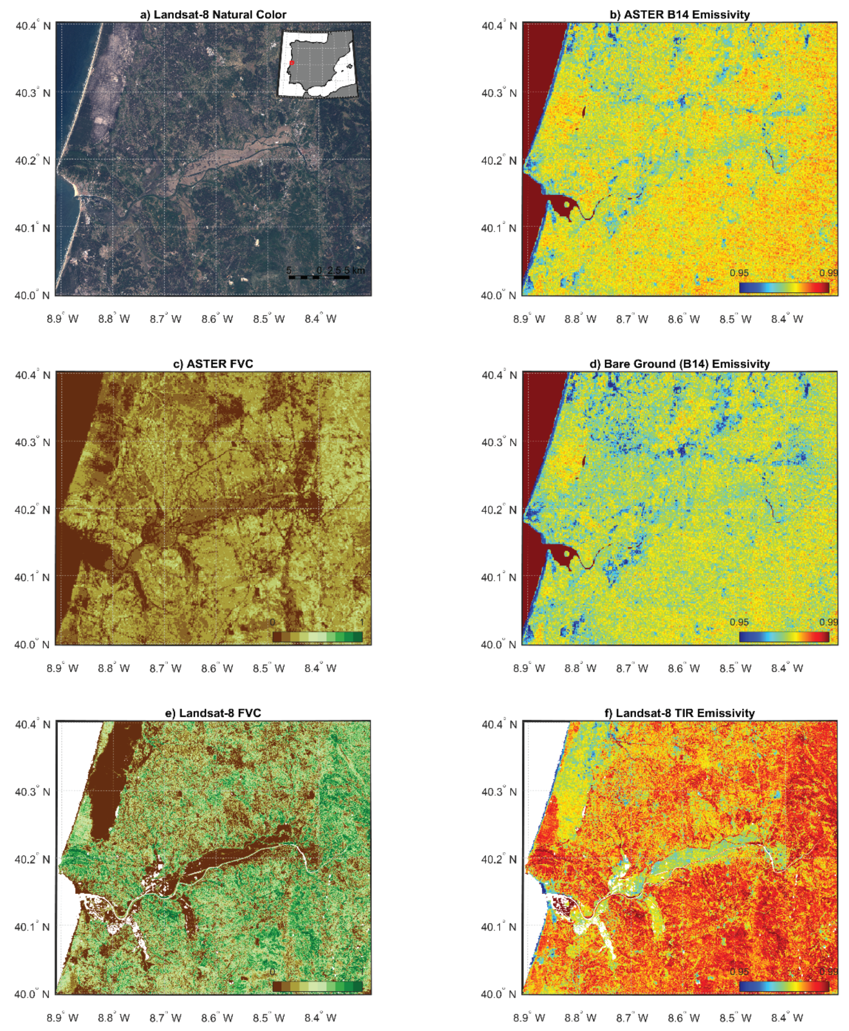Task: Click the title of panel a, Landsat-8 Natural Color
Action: coord(213,15)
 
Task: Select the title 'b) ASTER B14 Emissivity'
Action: coord(680,15)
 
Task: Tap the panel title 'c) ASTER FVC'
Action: coord(213,364)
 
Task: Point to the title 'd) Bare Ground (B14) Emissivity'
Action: coord(680,364)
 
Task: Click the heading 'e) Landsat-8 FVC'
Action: coord(213,713)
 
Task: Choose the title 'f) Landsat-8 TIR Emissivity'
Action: coord(680,713)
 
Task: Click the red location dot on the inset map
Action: coord(292,63)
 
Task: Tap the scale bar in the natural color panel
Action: coord(319,277)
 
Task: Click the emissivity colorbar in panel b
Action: coord(784,287)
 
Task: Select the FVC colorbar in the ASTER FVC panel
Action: coord(318,637)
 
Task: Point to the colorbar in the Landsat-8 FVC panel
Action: coord(318,986)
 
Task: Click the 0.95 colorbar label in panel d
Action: coord(739,622)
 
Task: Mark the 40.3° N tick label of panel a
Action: coord(33,92)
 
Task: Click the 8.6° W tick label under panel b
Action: coord(684,319)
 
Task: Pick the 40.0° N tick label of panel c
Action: coord(33,645)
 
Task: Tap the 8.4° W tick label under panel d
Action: coord(787,668)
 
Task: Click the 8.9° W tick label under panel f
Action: coord(529,1018)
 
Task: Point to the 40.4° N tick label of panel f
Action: coord(499,724)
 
